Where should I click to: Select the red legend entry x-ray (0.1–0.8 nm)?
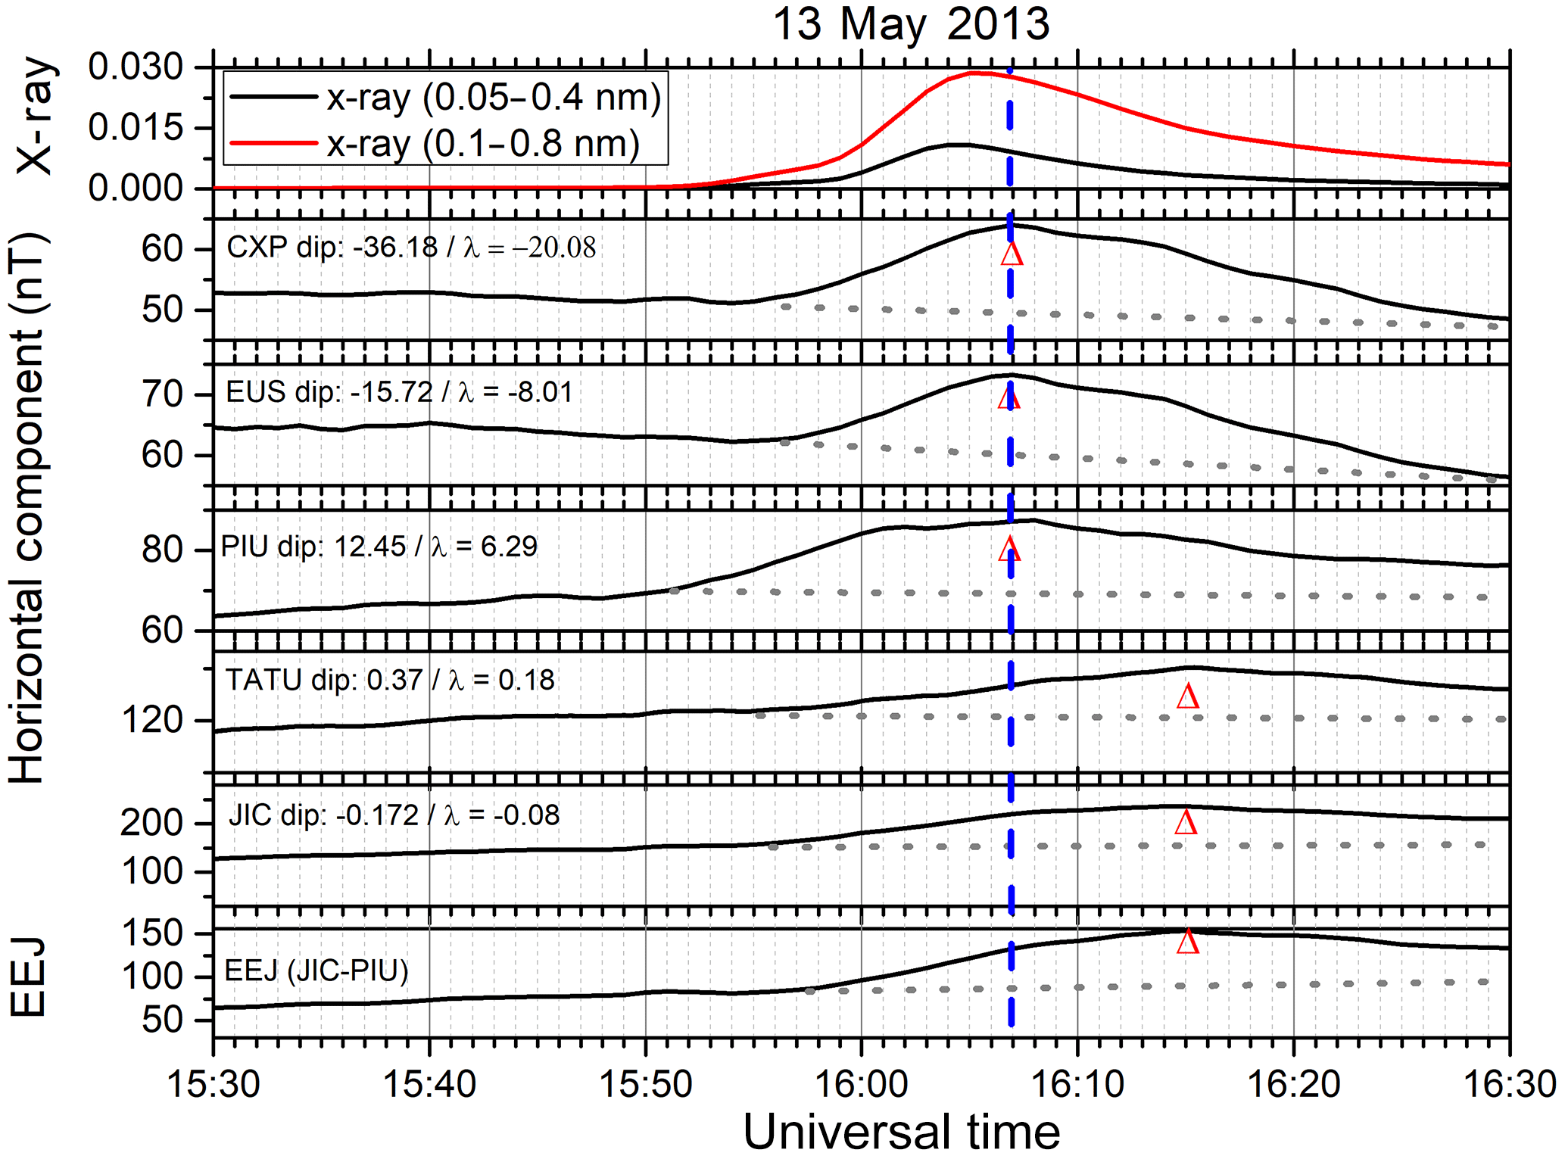coord(483,143)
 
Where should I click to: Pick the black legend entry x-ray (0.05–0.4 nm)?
coord(494,98)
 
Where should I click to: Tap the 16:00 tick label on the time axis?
coord(861,1084)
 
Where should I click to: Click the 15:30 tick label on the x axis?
coord(214,1084)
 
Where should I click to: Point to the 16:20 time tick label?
coord(1293,1084)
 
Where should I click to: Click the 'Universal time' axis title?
coord(901,1133)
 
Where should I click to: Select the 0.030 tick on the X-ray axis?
coord(136,67)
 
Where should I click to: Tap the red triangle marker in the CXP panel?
coord(1012,254)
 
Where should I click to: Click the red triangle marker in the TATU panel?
coord(1187,696)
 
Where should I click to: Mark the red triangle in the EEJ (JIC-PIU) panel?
coord(1187,941)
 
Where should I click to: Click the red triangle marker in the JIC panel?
coord(1186,822)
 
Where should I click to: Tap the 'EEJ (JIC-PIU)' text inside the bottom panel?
coord(316,971)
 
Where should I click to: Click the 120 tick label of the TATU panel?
coord(152,720)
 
